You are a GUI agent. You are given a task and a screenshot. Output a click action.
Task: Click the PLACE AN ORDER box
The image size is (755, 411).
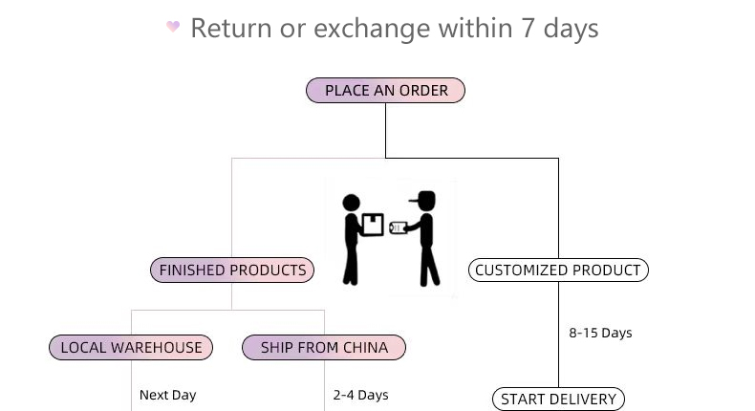(385, 91)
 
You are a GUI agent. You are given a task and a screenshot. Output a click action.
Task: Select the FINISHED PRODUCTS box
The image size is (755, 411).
(232, 270)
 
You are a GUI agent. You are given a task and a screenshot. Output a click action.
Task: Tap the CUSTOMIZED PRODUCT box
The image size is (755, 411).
(558, 270)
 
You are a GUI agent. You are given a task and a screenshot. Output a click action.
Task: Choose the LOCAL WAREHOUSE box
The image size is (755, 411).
(131, 348)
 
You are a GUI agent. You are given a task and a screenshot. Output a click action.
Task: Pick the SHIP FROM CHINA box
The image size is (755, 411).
(324, 348)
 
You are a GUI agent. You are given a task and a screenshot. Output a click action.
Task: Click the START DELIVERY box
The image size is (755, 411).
(558, 400)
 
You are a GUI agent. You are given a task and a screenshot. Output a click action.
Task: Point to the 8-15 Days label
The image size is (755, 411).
(600, 333)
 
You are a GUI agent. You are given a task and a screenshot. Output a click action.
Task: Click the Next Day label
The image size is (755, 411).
(167, 395)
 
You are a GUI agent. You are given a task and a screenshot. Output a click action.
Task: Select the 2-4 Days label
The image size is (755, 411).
(360, 395)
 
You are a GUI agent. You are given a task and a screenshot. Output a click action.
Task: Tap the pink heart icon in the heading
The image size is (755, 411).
(173, 27)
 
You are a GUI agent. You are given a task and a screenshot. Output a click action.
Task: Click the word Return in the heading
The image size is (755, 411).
(230, 29)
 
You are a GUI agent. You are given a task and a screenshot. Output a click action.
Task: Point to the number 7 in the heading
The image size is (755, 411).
(528, 29)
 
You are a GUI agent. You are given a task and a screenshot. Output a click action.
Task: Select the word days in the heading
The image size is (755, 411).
(571, 29)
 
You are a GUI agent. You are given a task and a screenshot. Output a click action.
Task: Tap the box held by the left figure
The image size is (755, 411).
(372, 225)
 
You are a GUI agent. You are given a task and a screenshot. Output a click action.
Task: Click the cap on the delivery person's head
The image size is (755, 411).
(424, 199)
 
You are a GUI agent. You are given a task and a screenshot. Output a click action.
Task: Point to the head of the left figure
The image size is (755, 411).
(351, 203)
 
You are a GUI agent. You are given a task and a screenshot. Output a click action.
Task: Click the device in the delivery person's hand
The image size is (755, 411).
(398, 227)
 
